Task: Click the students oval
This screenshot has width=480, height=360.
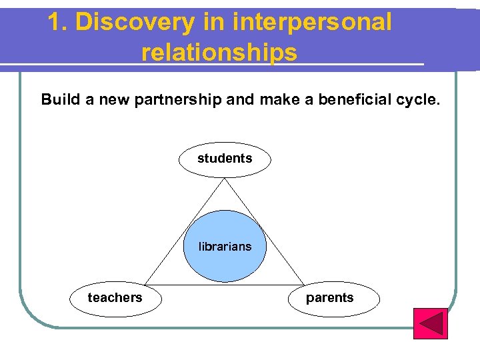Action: (225, 159)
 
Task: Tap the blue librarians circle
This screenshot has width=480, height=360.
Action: (225, 246)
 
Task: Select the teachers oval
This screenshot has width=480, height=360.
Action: (115, 298)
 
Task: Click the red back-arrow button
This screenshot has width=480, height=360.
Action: (430, 323)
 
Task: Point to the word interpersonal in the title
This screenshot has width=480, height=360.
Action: (313, 22)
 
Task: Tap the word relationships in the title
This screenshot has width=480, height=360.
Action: (219, 51)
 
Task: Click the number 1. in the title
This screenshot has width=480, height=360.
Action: (57, 22)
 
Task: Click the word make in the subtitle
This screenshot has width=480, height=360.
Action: (280, 100)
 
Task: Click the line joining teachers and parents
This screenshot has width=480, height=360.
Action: (225, 285)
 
